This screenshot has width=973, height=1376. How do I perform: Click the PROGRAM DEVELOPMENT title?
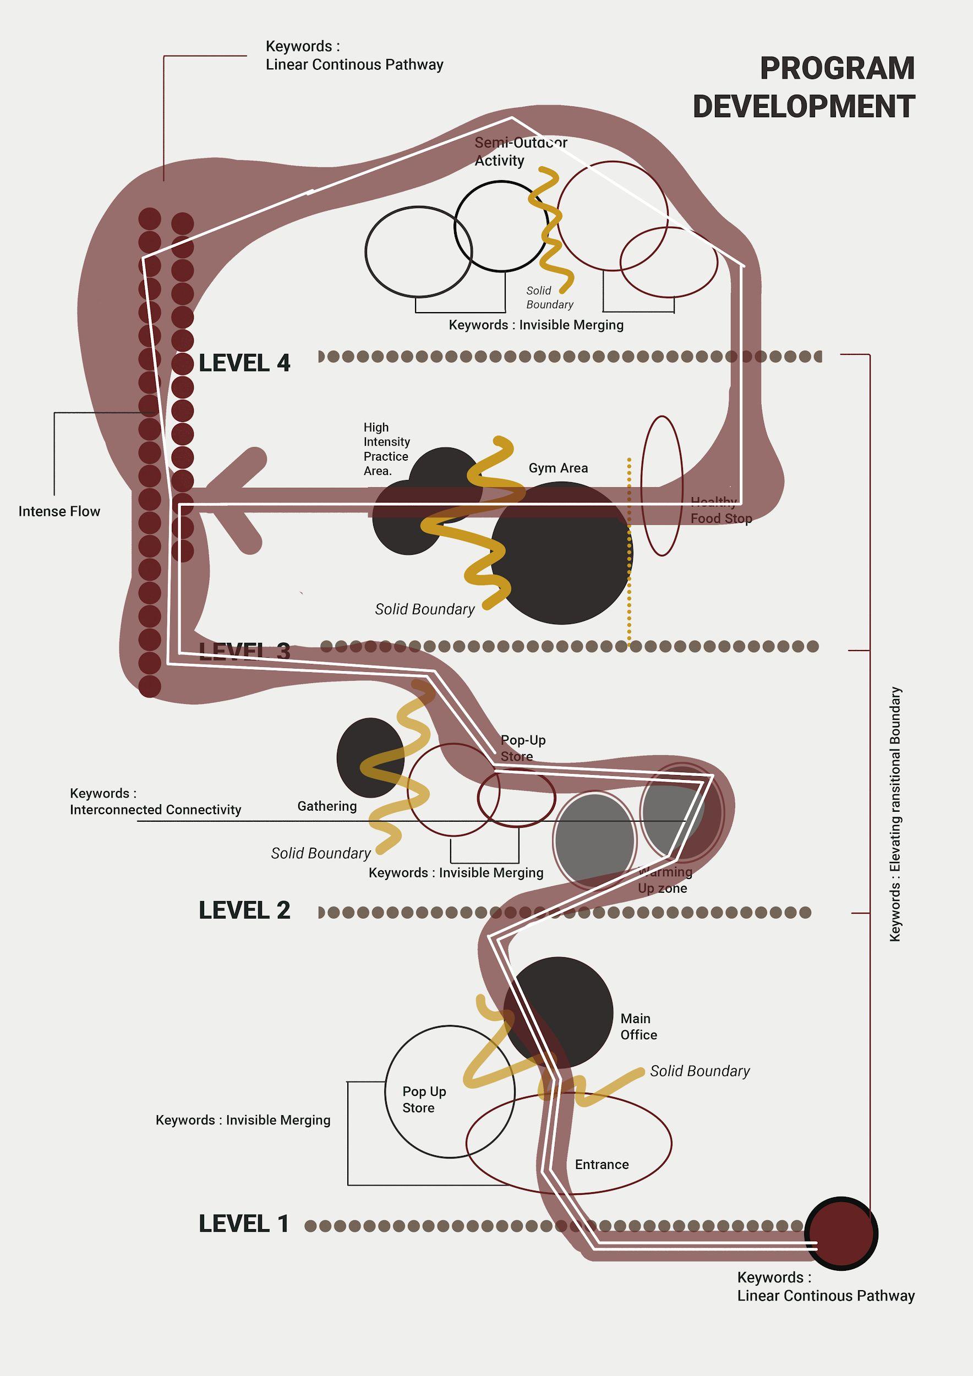[803, 87]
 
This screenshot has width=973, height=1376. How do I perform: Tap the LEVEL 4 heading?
[244, 363]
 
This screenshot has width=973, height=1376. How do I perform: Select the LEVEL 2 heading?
[244, 910]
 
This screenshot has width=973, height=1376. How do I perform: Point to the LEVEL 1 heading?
[243, 1224]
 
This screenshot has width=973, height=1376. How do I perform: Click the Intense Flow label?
[59, 511]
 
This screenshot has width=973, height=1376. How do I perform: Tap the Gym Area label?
[558, 468]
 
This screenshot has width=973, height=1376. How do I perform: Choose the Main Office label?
[638, 1026]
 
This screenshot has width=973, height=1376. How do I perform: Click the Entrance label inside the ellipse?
[602, 1165]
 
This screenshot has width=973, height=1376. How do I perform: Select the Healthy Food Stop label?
[721, 511]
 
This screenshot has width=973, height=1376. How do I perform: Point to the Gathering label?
[327, 806]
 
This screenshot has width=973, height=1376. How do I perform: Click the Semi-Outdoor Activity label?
[520, 151]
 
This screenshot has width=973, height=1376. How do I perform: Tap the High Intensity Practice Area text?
[386, 449]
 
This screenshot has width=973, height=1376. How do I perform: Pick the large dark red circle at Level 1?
[840, 1233]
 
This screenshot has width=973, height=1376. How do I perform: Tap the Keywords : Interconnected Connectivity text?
[155, 801]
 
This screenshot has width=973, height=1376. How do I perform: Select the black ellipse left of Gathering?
[370, 757]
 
